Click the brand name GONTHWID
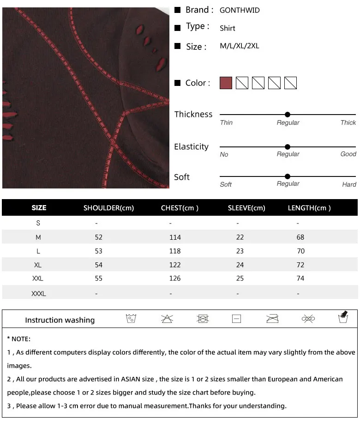(x=240, y=10)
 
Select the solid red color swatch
(x=226, y=83)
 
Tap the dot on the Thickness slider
(x=288, y=115)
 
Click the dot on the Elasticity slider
(x=288, y=147)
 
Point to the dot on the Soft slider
(x=288, y=176)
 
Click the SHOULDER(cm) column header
(x=108, y=208)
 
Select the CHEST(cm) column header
(x=180, y=208)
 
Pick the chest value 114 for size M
(x=175, y=237)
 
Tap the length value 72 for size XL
(x=300, y=265)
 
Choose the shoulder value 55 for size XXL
(x=98, y=279)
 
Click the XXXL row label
(x=39, y=294)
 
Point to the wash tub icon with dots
(x=131, y=319)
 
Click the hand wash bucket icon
(x=343, y=317)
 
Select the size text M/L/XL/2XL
(x=239, y=46)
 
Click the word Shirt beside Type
(x=227, y=28)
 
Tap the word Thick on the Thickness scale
(x=348, y=123)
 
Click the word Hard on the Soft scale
(x=349, y=184)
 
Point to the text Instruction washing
(x=60, y=320)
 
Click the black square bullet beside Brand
(x=177, y=10)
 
